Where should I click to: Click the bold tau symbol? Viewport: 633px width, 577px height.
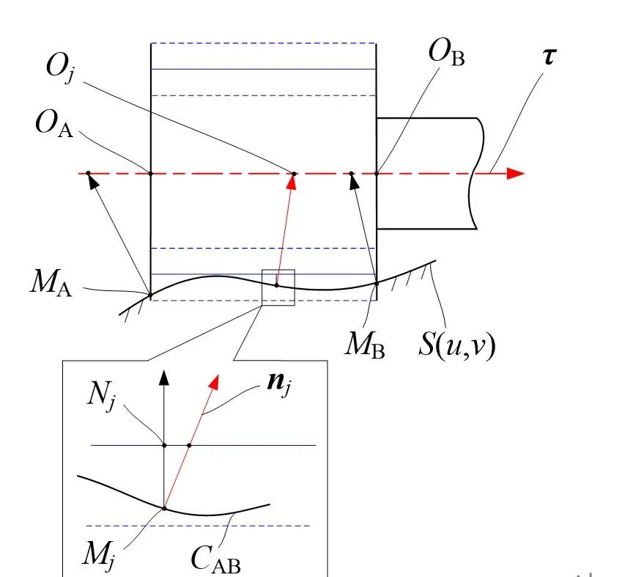pos(547,54)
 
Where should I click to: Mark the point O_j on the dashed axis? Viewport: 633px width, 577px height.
pos(295,174)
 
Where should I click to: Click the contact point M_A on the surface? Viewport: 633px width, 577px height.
pos(151,295)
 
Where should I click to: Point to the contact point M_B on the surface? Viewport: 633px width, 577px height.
pos(377,283)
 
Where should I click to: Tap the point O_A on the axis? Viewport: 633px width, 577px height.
pos(151,174)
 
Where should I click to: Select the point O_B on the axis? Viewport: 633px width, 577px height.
pos(377,174)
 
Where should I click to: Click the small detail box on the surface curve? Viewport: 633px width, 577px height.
pos(278,287)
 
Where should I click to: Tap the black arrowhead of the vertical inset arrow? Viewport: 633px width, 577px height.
pos(164,376)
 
